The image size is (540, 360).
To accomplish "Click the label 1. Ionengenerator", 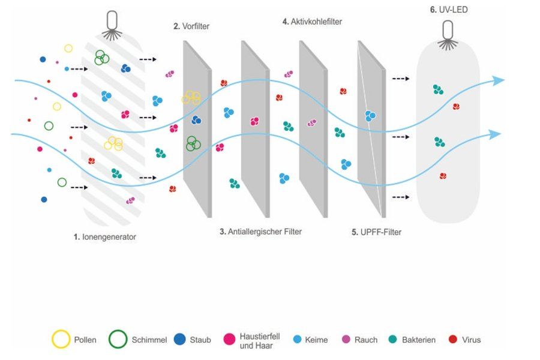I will click(105, 237).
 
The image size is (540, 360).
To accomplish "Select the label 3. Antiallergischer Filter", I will click(260, 232).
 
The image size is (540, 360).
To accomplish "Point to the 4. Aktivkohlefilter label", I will click(312, 22).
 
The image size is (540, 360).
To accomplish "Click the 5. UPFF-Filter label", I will click(376, 232).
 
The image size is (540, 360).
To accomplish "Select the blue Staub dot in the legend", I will click(178, 340).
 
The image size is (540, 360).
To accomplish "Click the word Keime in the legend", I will click(317, 340).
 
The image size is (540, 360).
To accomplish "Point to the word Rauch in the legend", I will click(366, 340).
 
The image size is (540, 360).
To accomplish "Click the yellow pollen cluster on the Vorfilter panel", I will click(191, 97).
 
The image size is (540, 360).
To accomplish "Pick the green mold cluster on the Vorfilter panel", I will click(193, 143).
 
